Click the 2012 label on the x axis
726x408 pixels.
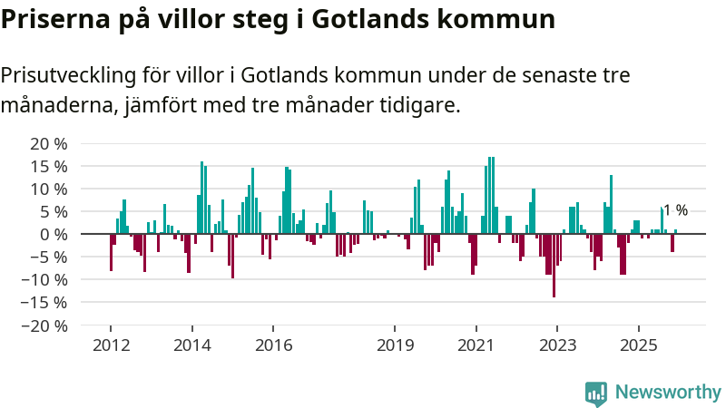[x=111, y=345]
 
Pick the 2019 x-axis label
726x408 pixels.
[x=395, y=345]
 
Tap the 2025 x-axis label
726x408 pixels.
[x=638, y=345]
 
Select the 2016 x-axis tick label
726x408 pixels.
[x=273, y=345]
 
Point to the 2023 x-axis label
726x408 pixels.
[x=556, y=345]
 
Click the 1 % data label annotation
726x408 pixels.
[x=675, y=210]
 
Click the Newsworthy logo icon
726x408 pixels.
[x=596, y=393]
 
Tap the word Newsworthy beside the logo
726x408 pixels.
[x=668, y=393]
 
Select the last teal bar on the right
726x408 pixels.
[x=675, y=231]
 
